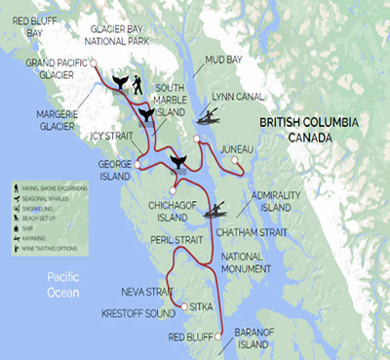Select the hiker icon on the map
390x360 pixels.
tap(136, 86)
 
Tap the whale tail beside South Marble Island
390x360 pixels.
tap(144, 116)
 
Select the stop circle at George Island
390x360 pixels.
tap(137, 165)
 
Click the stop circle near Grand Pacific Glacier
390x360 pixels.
tap(96, 63)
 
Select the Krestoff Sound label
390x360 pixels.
tap(136, 314)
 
